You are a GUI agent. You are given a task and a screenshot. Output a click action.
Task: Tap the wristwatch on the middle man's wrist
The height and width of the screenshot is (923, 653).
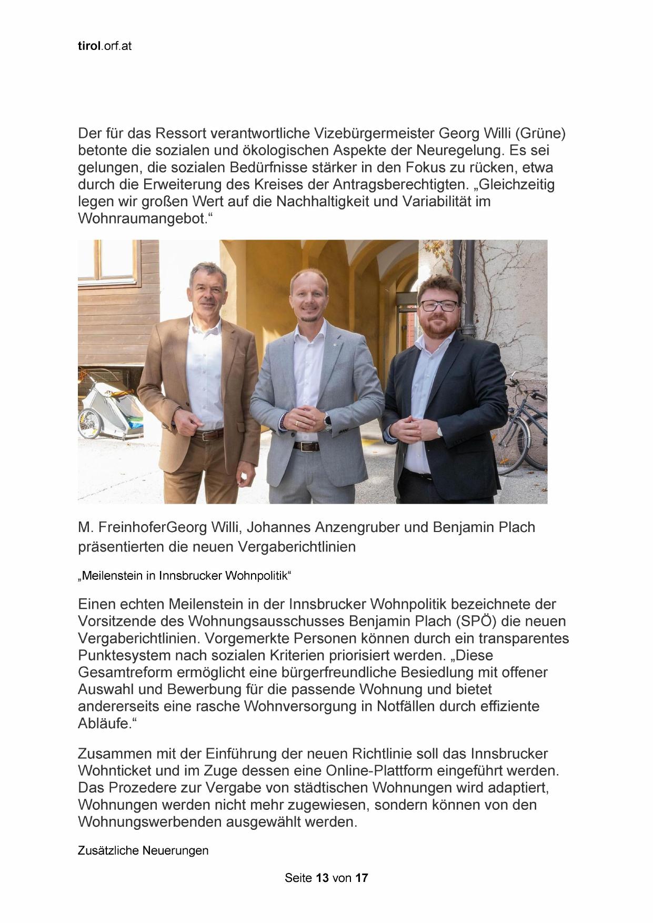click(x=327, y=421)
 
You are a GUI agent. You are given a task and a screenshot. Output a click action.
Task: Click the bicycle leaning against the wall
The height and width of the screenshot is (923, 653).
click(x=524, y=421)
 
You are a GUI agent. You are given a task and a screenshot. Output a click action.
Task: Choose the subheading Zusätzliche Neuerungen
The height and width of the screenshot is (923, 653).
click(x=143, y=850)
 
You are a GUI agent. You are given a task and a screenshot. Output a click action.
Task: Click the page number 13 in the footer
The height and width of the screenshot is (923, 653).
click(x=322, y=878)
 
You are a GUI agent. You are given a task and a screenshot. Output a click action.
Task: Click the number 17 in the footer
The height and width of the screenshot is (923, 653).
click(x=361, y=878)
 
